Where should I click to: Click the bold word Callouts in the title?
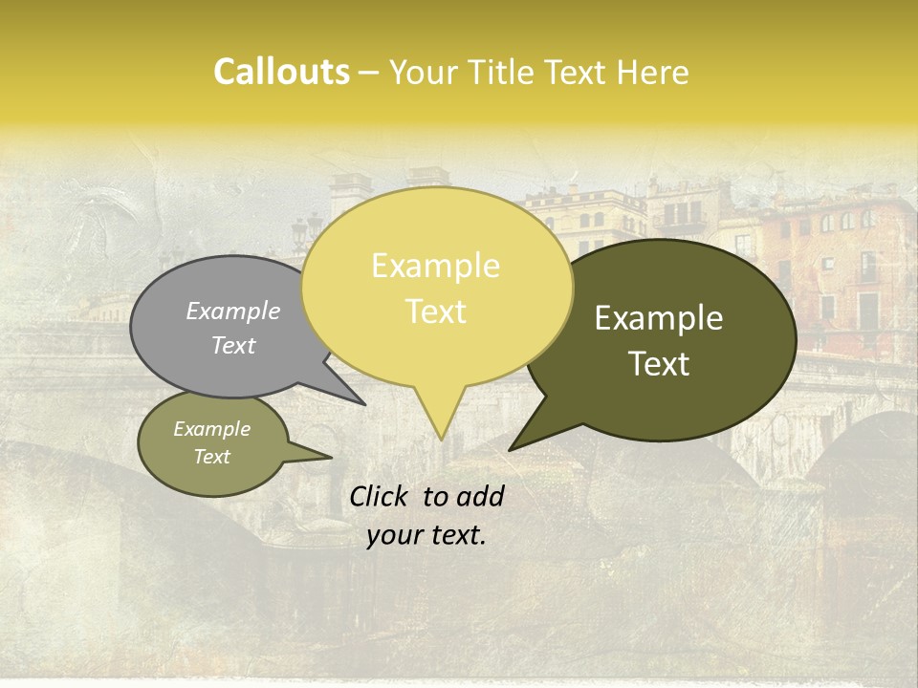coord(281,72)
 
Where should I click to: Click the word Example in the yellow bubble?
coord(435,266)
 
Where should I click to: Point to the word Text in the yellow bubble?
coord(435,312)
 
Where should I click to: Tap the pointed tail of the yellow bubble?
coord(440,430)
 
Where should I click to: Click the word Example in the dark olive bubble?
coord(659,318)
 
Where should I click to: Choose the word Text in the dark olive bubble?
coord(659,364)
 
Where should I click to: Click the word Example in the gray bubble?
coord(233,311)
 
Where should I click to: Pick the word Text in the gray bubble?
coord(233,345)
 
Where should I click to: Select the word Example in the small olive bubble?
coord(212,429)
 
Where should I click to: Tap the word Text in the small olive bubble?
coord(212,457)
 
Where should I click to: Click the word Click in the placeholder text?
coord(380,496)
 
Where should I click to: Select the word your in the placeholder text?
coord(393,536)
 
